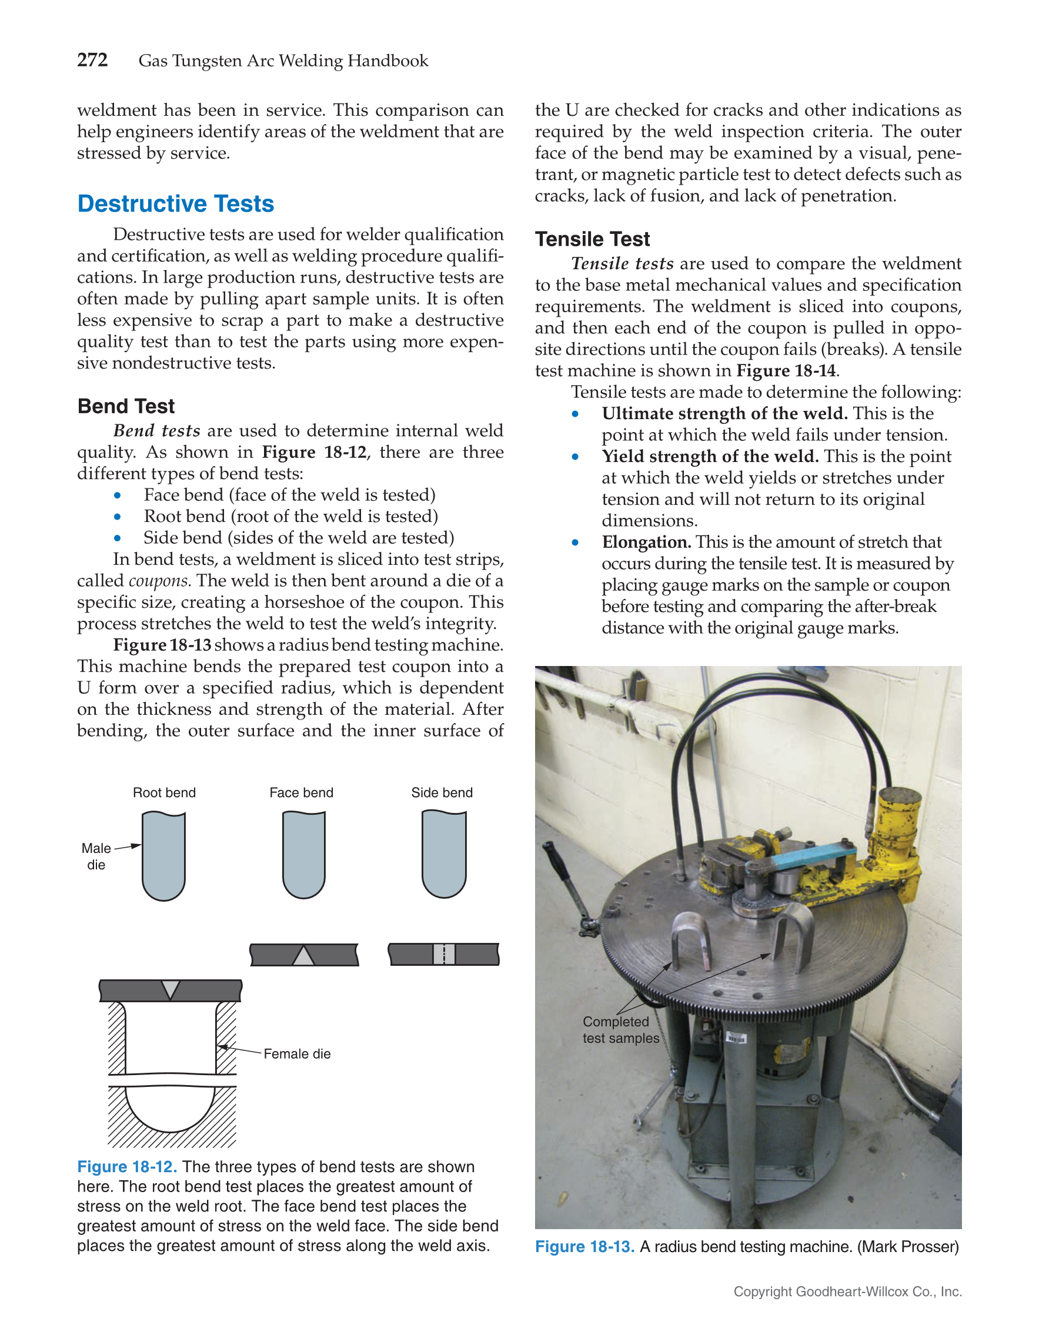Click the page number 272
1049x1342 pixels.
click(x=92, y=60)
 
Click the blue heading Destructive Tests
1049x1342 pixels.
click(x=176, y=203)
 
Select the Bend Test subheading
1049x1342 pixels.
click(x=126, y=406)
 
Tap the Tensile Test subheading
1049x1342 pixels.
click(x=592, y=239)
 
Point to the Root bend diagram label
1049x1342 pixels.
click(x=164, y=792)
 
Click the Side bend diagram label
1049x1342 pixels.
click(x=442, y=792)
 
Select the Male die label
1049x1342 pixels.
click(x=96, y=856)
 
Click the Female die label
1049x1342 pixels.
click(x=297, y=1054)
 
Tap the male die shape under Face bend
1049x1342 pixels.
click(x=303, y=854)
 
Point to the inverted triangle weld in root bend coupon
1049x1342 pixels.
click(x=170, y=989)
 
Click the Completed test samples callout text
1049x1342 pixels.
click(x=620, y=1030)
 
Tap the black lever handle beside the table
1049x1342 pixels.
click(x=562, y=866)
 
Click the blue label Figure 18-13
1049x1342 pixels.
click(x=584, y=1247)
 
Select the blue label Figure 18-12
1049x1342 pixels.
click(x=126, y=1167)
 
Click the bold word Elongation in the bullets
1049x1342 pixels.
click(x=646, y=542)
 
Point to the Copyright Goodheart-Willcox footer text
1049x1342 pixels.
click(x=847, y=1291)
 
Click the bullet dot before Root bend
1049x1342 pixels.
click(x=118, y=517)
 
